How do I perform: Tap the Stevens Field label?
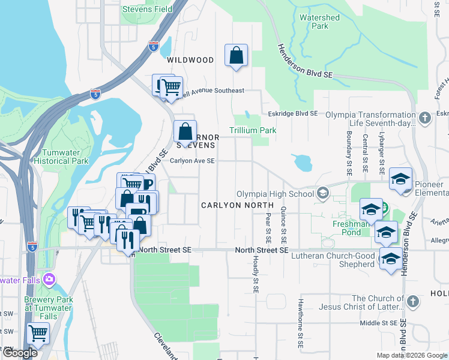(x=147, y=9)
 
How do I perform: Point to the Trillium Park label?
(x=253, y=130)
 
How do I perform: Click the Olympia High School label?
(x=275, y=194)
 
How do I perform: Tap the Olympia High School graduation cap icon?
(x=323, y=193)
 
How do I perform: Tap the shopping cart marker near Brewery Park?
(x=38, y=333)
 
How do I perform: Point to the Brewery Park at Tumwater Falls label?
(x=47, y=304)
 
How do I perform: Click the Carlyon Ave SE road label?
(x=192, y=161)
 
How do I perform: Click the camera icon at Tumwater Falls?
(x=49, y=279)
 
